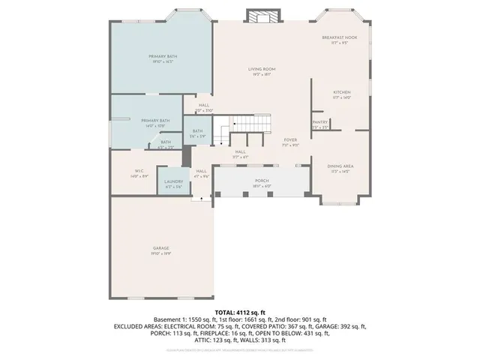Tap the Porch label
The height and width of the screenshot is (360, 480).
click(262, 182)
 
